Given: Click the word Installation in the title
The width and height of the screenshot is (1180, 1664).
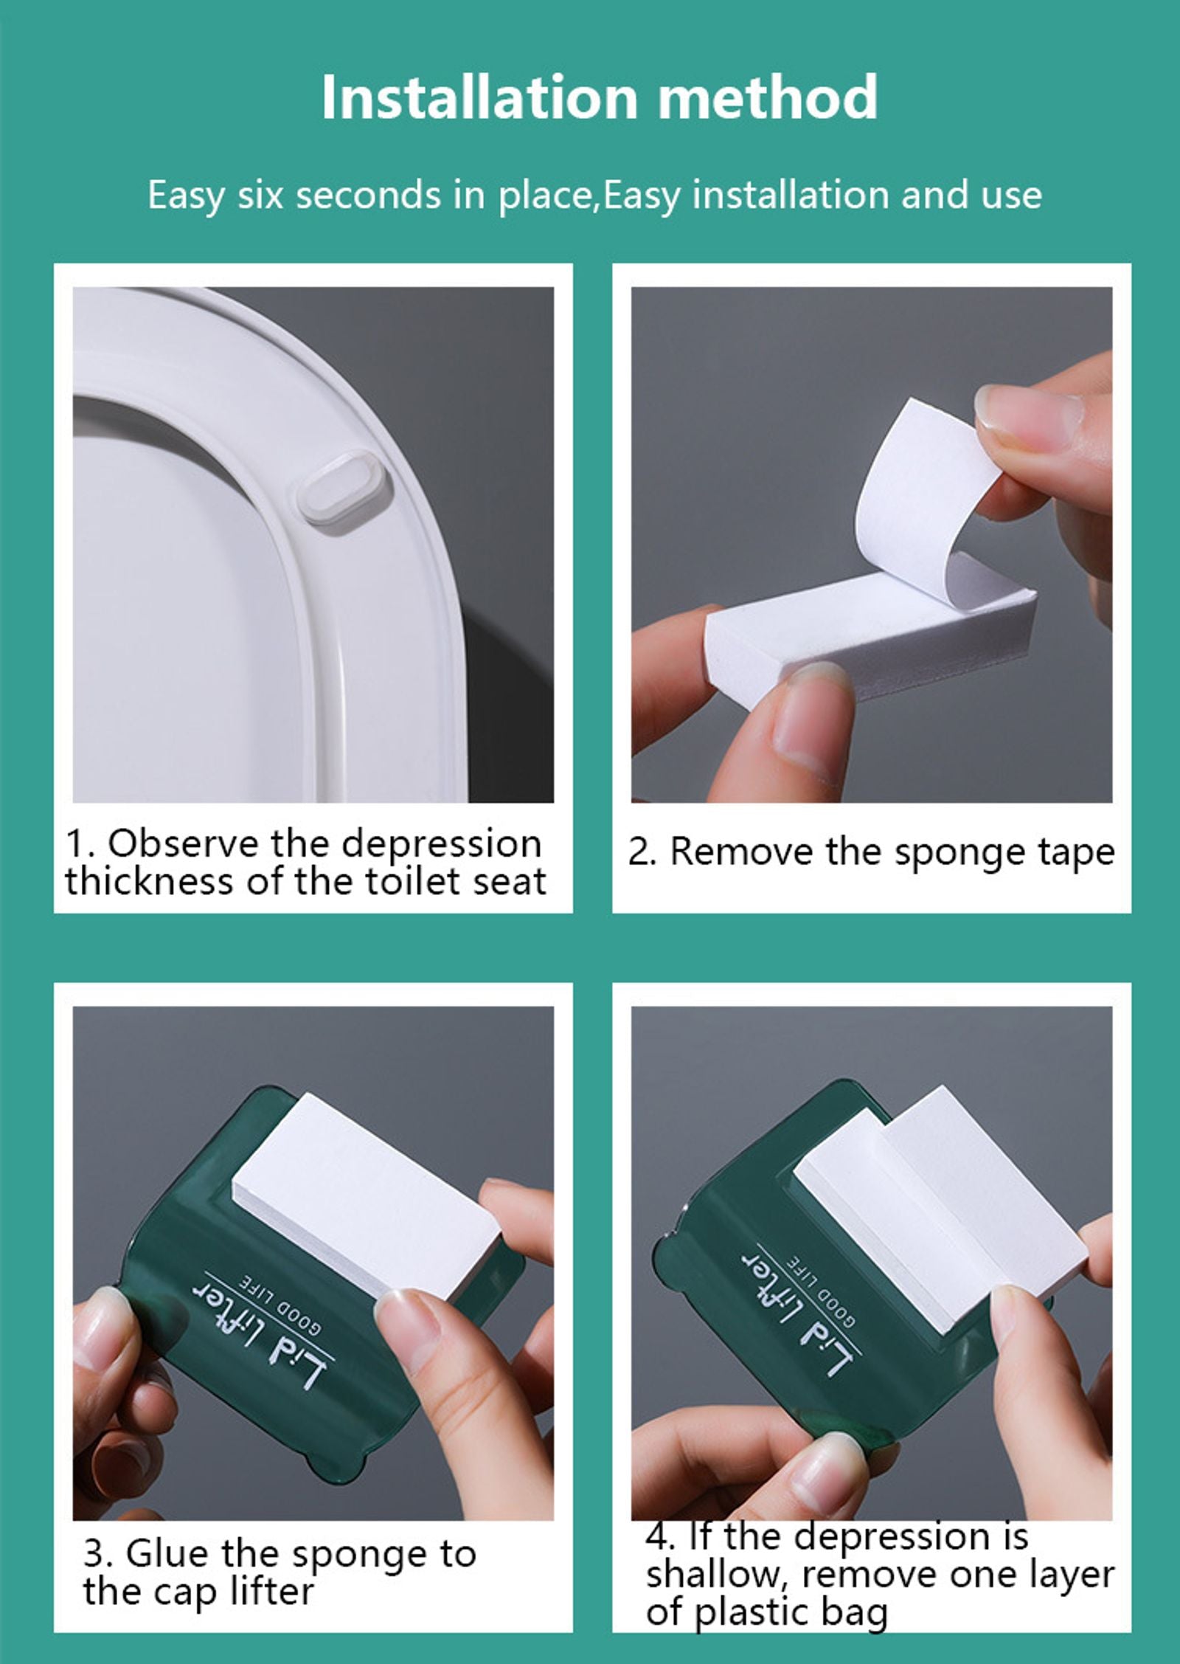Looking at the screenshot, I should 479,97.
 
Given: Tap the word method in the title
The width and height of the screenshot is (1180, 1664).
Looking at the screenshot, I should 767,97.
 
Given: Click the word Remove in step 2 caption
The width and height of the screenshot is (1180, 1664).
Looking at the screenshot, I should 743,852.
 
